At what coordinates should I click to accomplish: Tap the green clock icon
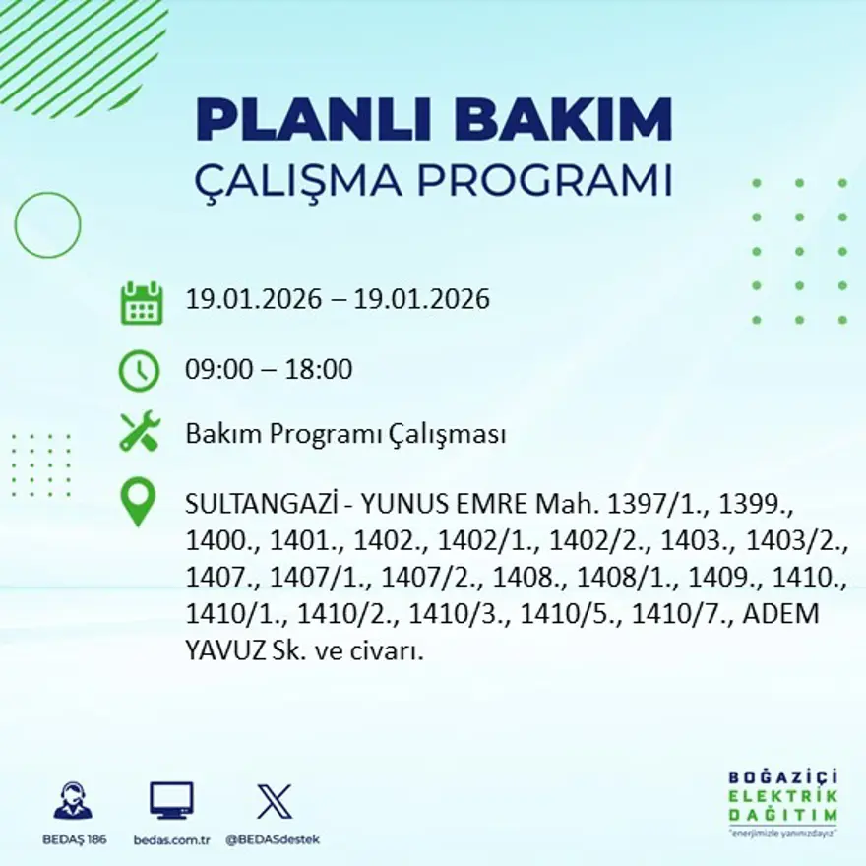[139, 371]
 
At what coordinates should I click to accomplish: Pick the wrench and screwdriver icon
[140, 433]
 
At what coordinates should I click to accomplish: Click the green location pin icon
[138, 501]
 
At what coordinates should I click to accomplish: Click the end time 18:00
[318, 370]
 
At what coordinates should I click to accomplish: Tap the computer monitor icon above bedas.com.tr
[171, 800]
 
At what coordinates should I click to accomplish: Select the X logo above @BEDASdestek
[274, 801]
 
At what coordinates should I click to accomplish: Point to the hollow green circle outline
[47, 225]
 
